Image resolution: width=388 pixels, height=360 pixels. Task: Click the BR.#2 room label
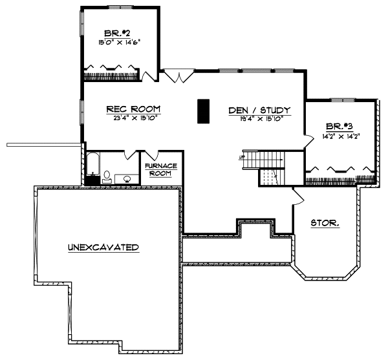click(x=116, y=33)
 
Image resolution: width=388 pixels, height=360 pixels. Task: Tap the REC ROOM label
click(x=134, y=109)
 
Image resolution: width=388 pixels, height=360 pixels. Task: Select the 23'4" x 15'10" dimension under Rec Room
click(x=134, y=118)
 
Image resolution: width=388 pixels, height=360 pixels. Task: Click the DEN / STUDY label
click(x=259, y=110)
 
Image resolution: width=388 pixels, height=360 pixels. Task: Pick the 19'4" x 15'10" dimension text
click(x=259, y=118)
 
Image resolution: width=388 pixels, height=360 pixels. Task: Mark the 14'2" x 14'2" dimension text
click(x=341, y=137)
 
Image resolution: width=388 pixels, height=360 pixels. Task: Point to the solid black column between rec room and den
click(x=203, y=111)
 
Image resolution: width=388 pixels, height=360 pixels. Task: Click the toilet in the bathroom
click(x=107, y=175)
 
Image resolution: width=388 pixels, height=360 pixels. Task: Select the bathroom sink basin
click(x=127, y=178)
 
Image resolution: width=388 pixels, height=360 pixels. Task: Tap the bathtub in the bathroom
click(x=92, y=167)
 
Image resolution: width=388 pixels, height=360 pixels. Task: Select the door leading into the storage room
click(x=299, y=194)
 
